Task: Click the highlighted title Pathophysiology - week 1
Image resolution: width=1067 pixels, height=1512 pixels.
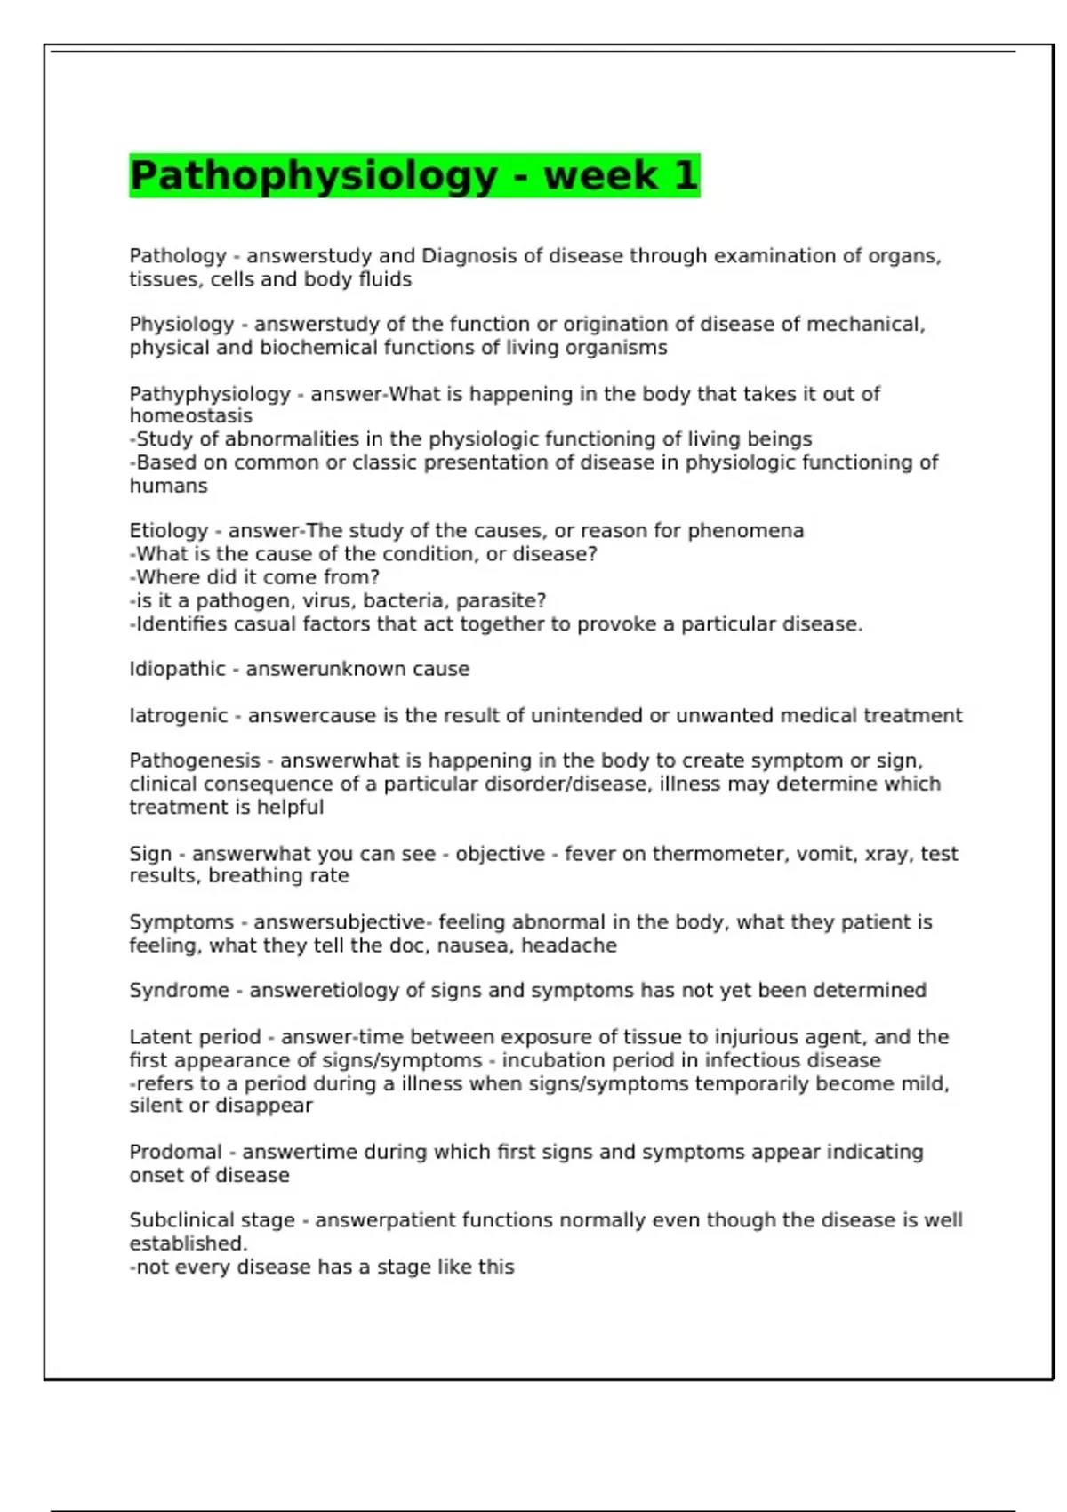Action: (x=414, y=175)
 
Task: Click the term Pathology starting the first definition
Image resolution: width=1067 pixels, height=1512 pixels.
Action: (x=178, y=256)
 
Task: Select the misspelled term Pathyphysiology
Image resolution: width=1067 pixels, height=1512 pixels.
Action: (x=210, y=394)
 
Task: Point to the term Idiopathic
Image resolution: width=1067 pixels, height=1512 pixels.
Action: (x=177, y=669)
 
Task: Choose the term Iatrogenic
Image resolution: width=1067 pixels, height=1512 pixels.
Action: (x=179, y=716)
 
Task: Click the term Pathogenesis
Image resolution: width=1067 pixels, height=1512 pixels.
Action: (x=195, y=761)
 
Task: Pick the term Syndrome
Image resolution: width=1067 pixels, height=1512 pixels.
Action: (x=179, y=991)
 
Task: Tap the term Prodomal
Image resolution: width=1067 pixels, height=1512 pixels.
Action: (x=175, y=1153)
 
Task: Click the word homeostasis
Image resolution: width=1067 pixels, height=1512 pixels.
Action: (x=190, y=416)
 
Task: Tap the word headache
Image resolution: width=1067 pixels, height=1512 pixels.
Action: (x=568, y=945)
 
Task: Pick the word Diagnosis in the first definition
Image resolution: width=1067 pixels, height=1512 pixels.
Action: (x=469, y=256)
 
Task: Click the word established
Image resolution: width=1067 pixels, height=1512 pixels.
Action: (x=188, y=1243)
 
